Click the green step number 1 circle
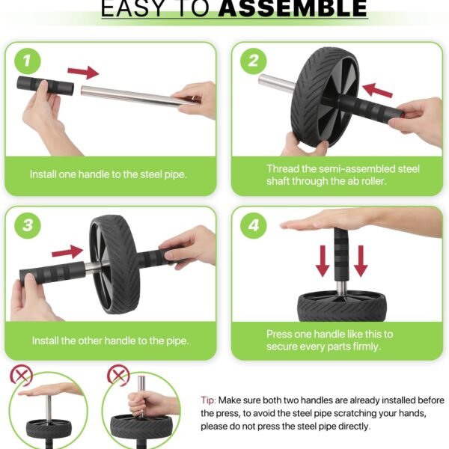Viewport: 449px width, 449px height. coord(28,61)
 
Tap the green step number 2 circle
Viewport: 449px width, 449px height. coord(254,61)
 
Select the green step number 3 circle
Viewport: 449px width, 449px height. coord(28,225)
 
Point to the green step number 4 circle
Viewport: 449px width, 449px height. coord(254,225)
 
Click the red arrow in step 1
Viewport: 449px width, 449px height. coord(83,72)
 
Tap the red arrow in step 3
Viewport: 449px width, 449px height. coord(67,251)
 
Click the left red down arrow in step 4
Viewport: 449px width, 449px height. coord(323,260)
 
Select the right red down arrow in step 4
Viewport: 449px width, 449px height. coord(361,260)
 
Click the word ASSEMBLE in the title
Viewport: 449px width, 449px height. coord(293,8)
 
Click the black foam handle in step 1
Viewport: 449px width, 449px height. coord(45,85)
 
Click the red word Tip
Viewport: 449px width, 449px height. coord(208,400)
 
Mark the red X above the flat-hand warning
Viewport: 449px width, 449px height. coord(22,375)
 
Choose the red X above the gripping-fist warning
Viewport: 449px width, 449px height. coord(118,375)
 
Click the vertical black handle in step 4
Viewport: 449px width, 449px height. coord(342,255)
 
